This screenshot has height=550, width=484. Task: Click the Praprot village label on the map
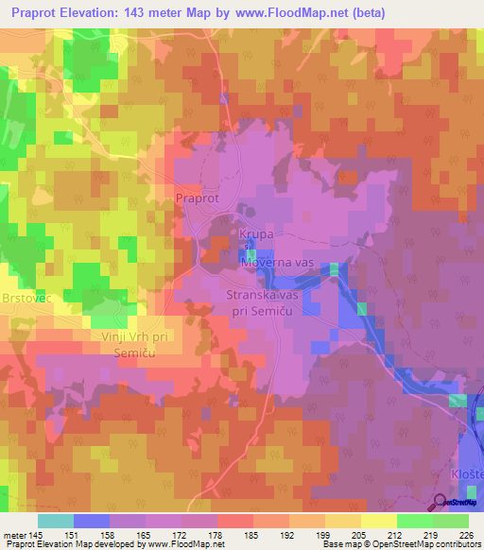click(198, 198)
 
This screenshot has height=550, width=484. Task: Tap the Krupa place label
click(256, 232)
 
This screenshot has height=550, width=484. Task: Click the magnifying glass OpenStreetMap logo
click(441, 502)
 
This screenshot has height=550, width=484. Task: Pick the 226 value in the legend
click(466, 534)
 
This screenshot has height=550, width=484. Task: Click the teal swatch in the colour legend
click(55, 521)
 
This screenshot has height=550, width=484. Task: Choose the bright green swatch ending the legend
click(451, 521)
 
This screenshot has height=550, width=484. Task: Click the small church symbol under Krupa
click(247, 245)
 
